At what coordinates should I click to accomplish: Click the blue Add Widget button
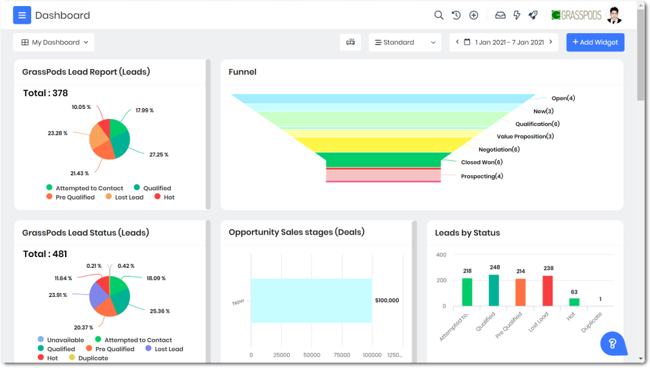tap(595, 42)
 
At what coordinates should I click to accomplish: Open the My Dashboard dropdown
tap(54, 42)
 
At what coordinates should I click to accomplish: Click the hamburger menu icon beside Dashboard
tap(22, 15)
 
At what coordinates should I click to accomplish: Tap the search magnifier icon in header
tap(439, 15)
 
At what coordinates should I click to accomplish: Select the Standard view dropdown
tap(405, 42)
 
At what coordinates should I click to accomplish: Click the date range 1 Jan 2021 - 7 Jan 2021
tap(504, 42)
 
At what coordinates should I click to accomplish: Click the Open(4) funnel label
tap(563, 98)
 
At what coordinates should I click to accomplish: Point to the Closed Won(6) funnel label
tap(481, 162)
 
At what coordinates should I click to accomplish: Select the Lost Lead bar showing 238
tap(548, 290)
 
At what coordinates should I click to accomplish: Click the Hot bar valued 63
tap(574, 302)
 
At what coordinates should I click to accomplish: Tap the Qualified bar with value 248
tap(494, 290)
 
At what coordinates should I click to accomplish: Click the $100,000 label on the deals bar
tap(387, 300)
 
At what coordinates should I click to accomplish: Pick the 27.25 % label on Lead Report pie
tap(158, 154)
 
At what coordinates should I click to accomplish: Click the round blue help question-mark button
tap(612, 343)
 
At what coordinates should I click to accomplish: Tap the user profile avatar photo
tap(614, 15)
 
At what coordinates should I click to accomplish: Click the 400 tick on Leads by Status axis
tap(441, 255)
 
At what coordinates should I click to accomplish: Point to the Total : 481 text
tap(45, 254)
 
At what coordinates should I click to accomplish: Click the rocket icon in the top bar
tap(533, 15)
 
